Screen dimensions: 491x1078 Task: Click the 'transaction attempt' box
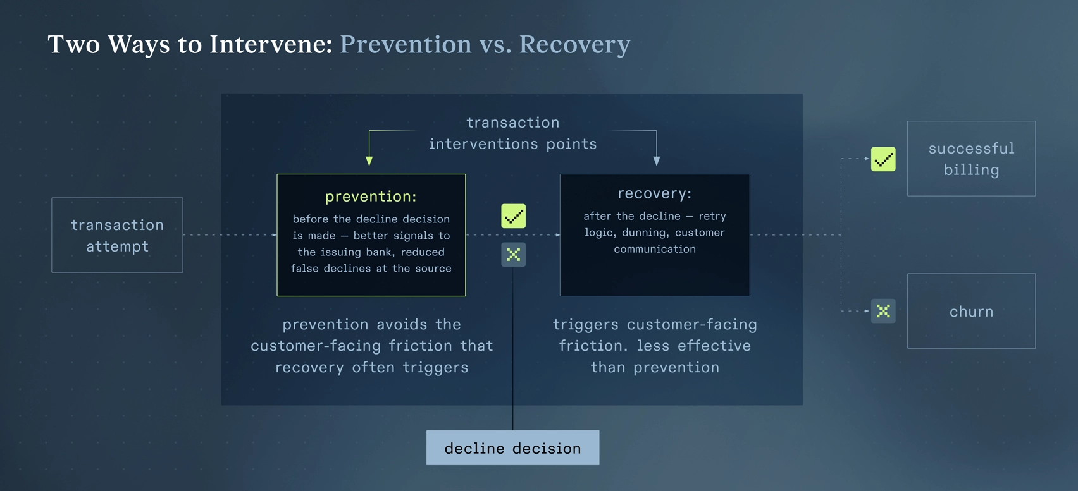pyautogui.click(x=117, y=235)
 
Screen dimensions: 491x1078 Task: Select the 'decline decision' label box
pyautogui.click(x=512, y=448)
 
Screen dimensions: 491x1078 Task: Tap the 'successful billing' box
pyautogui.click(x=971, y=159)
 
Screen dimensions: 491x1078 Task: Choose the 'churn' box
pyautogui.click(x=971, y=311)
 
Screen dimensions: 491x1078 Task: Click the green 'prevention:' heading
pyautogui.click(x=371, y=197)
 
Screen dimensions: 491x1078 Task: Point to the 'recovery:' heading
pyautogui.click(x=655, y=193)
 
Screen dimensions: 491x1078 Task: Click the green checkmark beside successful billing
pyautogui.click(x=883, y=159)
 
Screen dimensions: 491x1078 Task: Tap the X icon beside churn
pyautogui.click(x=883, y=311)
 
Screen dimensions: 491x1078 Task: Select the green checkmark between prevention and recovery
pyautogui.click(x=513, y=216)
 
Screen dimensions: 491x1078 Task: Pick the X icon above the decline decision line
pyautogui.click(x=513, y=255)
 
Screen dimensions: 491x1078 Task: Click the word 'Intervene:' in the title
pyautogui.click(x=271, y=44)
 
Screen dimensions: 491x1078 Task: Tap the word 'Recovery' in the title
pyautogui.click(x=574, y=44)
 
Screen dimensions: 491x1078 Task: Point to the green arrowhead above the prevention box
pyautogui.click(x=369, y=161)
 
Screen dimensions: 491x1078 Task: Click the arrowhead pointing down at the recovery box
pyautogui.click(x=657, y=161)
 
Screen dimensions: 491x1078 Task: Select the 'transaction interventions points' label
pyautogui.click(x=512, y=133)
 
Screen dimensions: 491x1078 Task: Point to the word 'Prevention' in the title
pyautogui.click(x=406, y=44)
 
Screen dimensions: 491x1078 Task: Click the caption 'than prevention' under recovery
pyautogui.click(x=655, y=367)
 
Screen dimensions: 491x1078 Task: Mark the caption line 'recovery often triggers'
pyautogui.click(x=371, y=367)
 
